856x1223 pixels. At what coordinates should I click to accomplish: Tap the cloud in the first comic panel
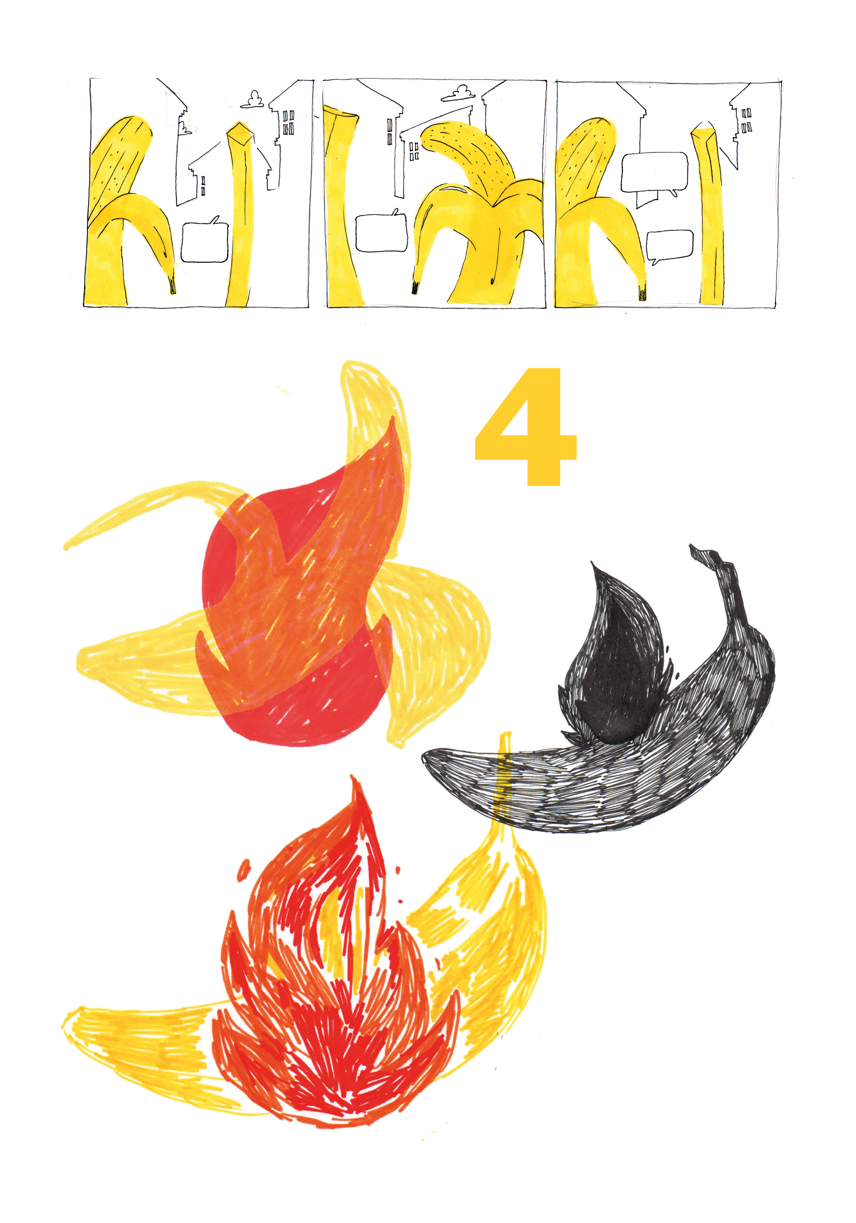tap(252, 100)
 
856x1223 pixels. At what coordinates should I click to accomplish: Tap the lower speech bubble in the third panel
tap(670, 246)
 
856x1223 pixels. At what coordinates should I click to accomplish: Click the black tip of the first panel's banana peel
tap(172, 285)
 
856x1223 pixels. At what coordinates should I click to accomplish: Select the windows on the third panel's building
tap(746, 120)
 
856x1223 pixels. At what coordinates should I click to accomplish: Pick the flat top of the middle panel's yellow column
tap(341, 112)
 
